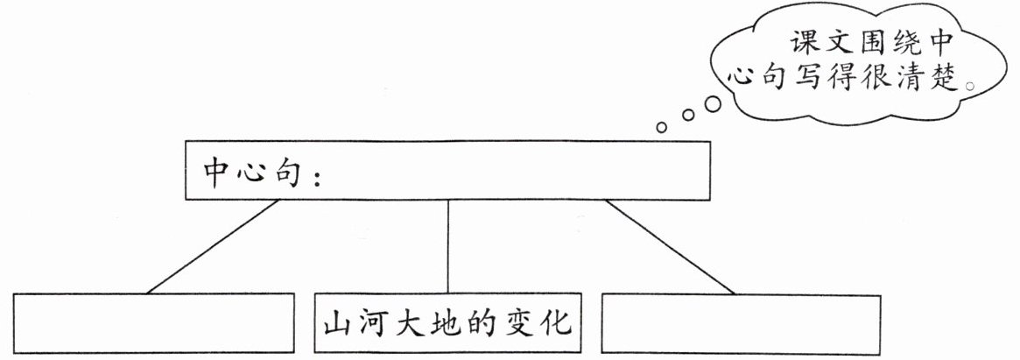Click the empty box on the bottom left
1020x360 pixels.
152,324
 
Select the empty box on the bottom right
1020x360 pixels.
742,324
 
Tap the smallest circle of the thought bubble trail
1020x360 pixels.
662,128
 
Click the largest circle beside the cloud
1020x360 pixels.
713,104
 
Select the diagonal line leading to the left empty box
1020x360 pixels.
213,247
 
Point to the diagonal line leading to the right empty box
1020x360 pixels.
670,247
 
